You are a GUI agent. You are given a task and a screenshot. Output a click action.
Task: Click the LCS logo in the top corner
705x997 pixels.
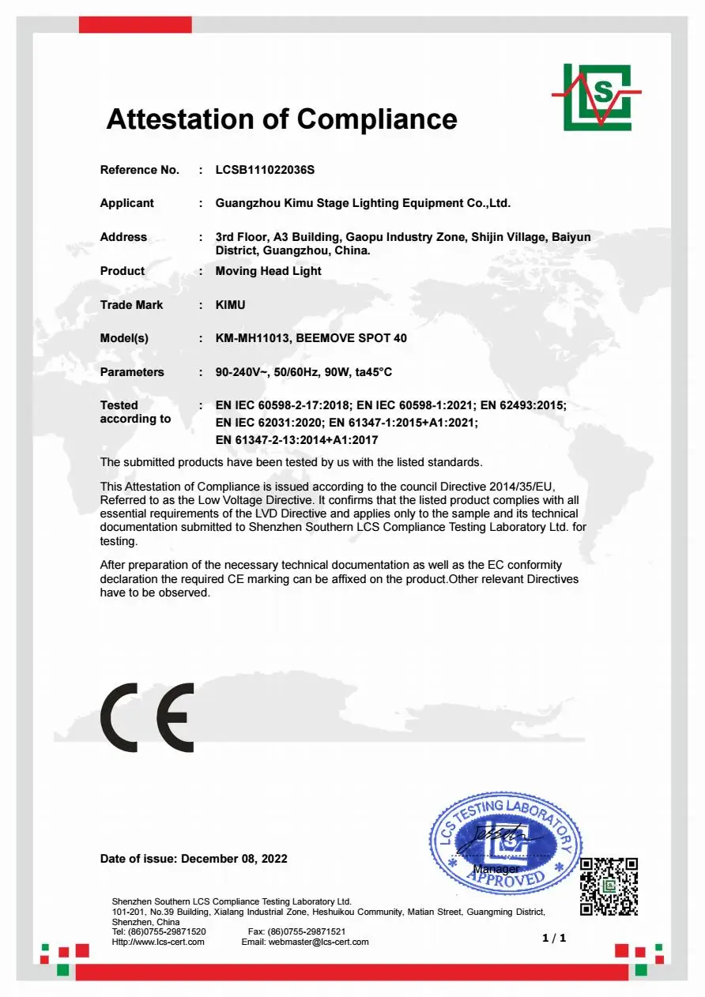click(597, 97)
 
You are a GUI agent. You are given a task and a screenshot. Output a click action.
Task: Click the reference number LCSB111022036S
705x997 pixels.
click(265, 170)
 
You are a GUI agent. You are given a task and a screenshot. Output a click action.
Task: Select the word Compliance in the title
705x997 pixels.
click(377, 119)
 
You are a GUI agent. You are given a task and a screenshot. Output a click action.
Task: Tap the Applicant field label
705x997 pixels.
click(126, 203)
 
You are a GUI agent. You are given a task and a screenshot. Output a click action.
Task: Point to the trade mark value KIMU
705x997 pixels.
click(231, 305)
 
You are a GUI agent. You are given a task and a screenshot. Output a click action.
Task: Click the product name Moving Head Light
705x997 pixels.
click(268, 271)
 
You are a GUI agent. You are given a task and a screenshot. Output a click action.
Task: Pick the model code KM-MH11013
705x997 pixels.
click(252, 338)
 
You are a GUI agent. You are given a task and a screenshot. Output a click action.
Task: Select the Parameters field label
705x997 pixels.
click(132, 372)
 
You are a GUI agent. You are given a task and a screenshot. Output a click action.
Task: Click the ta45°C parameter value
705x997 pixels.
click(371, 372)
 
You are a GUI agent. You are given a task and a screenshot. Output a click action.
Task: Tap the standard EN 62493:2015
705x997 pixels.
click(522, 405)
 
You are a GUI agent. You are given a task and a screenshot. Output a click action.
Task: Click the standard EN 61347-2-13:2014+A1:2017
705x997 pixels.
click(296, 440)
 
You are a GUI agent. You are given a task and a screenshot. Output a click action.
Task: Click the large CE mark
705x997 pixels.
click(147, 717)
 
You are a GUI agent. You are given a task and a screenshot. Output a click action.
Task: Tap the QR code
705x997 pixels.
click(609, 886)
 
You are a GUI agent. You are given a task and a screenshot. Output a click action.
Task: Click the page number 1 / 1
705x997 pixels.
click(554, 938)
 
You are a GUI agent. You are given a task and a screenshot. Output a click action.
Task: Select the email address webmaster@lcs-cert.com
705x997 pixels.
click(319, 942)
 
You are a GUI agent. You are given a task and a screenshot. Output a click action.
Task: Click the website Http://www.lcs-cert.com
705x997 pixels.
click(158, 942)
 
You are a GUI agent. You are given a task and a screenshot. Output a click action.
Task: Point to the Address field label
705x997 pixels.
click(123, 237)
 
